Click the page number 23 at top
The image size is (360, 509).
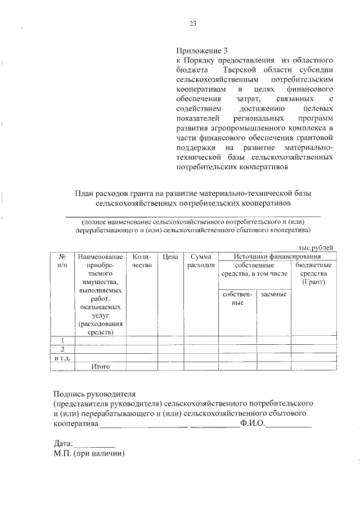(x=192, y=23)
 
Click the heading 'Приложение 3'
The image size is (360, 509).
(x=200, y=50)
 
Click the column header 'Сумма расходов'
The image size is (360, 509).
(x=200, y=260)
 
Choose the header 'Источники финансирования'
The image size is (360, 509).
(x=277, y=256)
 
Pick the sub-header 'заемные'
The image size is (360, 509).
(x=273, y=295)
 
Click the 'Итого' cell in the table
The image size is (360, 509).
(x=100, y=367)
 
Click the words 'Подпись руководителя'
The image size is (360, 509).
(x=95, y=394)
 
